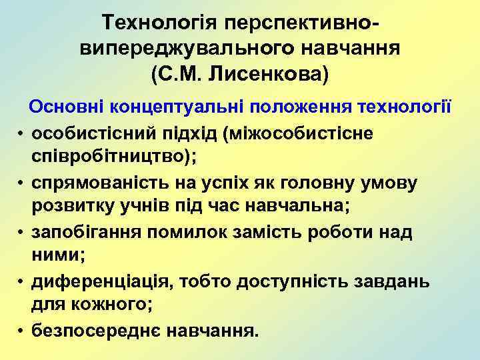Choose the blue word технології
[x=402, y=107]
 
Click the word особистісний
[x=97, y=132]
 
